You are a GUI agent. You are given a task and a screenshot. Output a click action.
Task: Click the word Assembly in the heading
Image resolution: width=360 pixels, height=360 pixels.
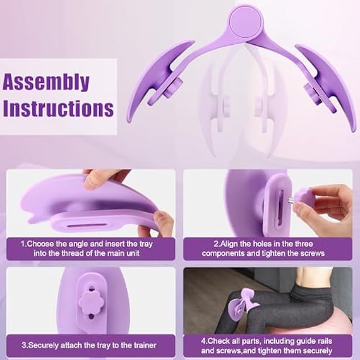[x=47, y=82]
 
